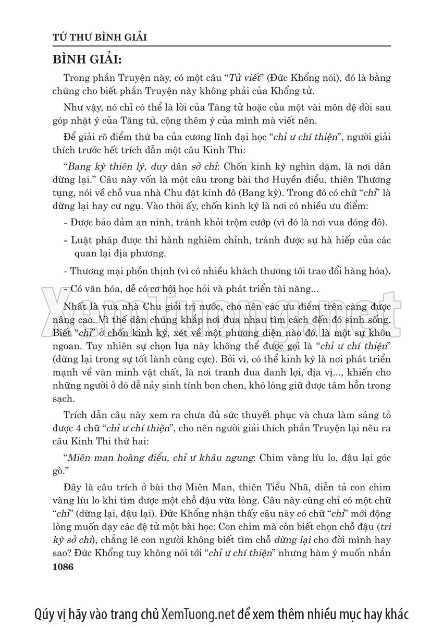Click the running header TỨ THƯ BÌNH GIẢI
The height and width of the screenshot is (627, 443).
pos(102,38)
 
